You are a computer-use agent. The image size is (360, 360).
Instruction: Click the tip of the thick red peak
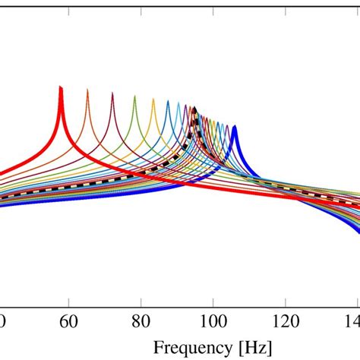coord(61,87)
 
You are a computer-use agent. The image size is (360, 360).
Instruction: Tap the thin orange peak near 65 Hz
coord(87,90)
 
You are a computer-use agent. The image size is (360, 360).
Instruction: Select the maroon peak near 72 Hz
coord(112,93)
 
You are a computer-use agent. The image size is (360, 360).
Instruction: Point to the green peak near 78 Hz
coord(135,96)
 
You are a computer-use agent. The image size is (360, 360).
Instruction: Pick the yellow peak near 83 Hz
coord(153,99)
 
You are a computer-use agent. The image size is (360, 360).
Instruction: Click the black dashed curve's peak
coord(194,109)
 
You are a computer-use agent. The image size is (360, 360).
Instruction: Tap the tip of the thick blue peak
coord(235,128)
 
